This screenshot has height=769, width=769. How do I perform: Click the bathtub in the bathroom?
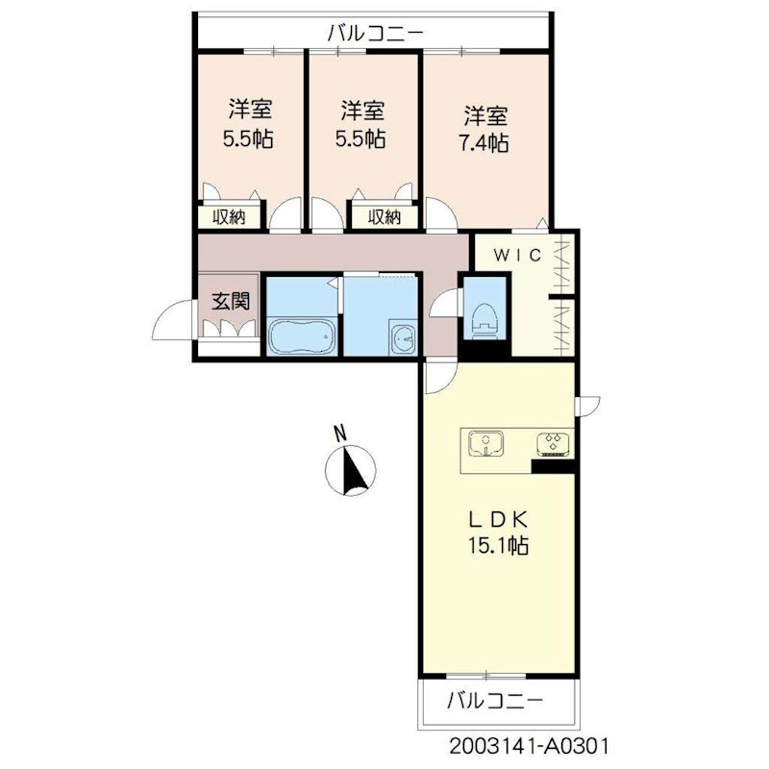coord(302,335)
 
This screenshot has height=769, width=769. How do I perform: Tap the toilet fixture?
coord(484,320)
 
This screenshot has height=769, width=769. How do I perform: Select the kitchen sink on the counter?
coord(486,443)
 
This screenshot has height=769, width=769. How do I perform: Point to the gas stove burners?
coord(554,443)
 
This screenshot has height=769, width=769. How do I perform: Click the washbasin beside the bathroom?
coord(403,338)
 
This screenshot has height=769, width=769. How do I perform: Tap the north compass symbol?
coord(351,470)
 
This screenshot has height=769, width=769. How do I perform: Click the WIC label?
coord(517,255)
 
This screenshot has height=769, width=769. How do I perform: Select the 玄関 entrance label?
coord(231,301)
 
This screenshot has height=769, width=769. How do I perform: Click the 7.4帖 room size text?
coord(484,142)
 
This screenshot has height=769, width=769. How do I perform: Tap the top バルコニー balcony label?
coord(375,34)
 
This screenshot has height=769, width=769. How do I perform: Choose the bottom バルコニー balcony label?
coord(495,701)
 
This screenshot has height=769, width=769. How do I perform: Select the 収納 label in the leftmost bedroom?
coord(229,217)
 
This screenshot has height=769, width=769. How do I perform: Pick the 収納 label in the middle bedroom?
coord(384,217)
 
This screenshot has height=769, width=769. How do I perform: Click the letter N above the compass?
coord(340,434)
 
